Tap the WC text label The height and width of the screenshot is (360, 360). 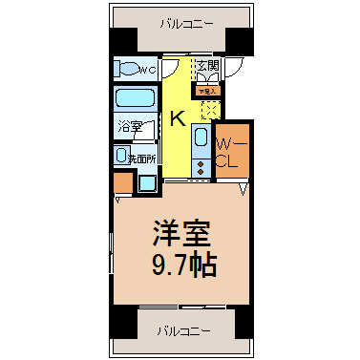click(147, 71)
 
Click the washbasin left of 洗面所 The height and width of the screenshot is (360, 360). click(120, 155)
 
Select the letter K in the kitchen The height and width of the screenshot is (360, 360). click(178, 118)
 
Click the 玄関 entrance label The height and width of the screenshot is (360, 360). click(208, 67)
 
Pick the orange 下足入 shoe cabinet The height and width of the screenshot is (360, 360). click(207, 92)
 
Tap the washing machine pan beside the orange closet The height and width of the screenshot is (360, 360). click(146, 182)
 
